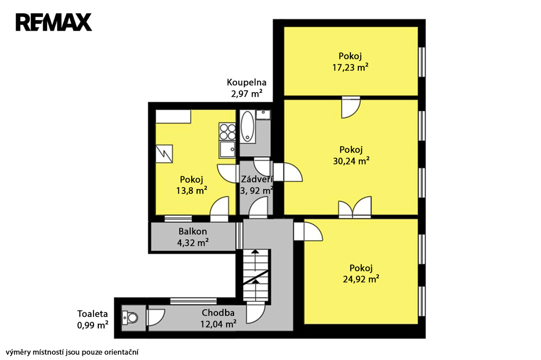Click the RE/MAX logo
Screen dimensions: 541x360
point(53,22)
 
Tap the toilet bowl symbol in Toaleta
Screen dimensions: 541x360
point(130,317)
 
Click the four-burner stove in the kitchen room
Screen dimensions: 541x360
point(227,131)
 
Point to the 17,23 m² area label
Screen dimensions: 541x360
point(350,67)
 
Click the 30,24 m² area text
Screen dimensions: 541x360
point(351,161)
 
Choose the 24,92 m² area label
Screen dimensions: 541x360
point(361,279)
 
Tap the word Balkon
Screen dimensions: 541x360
point(192,231)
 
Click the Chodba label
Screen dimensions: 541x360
point(218,313)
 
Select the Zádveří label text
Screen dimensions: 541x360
point(257,179)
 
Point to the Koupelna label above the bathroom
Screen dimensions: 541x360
point(246,83)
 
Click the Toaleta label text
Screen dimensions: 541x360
point(92,314)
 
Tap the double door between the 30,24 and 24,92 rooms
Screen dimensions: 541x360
point(355,207)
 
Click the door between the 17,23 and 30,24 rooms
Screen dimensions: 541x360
point(351,108)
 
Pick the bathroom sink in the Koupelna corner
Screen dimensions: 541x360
point(264,115)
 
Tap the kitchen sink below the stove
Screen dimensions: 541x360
point(227,149)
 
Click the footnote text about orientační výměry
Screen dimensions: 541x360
point(72,353)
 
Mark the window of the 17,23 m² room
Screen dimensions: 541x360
point(422,62)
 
